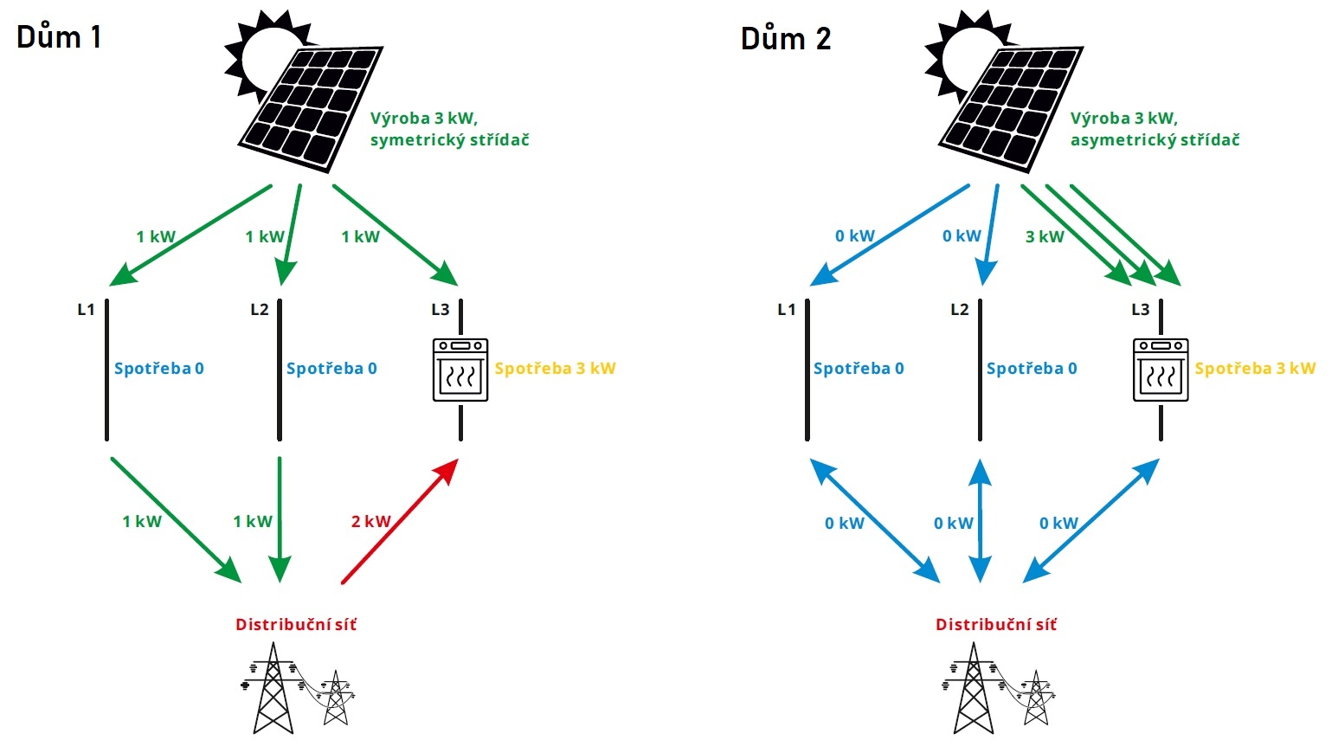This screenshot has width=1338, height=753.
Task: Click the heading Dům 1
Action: coord(59,37)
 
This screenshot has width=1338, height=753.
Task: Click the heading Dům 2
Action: coord(786,39)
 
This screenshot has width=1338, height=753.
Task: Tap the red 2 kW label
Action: coord(370,521)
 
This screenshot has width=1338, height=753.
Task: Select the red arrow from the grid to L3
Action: coord(400,521)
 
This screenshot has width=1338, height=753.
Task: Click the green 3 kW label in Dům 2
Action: coord(1045,236)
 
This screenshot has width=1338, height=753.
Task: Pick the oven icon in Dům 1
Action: coord(460,370)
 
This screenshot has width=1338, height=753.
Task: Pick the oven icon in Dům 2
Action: coord(1161,370)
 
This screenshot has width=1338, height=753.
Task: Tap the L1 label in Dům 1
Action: coord(86,309)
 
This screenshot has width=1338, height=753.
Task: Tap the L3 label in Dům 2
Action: coord(1141,309)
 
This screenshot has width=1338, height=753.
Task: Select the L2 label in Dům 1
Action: coord(260,309)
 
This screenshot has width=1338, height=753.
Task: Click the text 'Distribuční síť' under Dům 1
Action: coord(296,625)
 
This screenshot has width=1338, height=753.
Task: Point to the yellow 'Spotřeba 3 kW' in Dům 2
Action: coord(1255,369)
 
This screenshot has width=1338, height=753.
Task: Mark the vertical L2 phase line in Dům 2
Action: coord(981,370)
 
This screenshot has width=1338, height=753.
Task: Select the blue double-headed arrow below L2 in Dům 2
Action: coord(981,521)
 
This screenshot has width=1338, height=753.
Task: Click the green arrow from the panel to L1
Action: coord(190,235)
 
